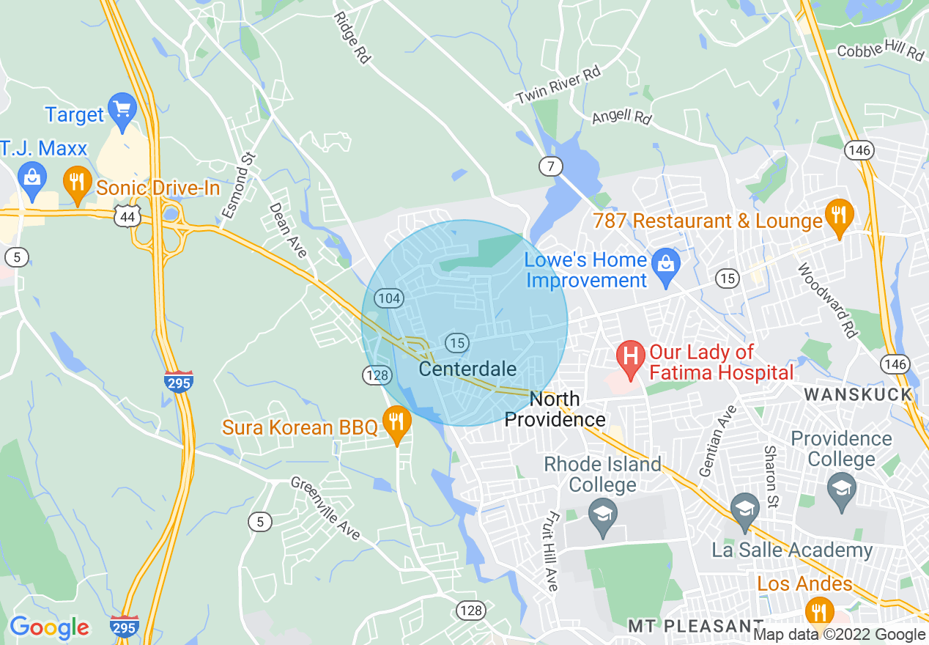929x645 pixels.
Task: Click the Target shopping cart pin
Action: click(122, 109)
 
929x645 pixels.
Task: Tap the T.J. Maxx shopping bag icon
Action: click(32, 178)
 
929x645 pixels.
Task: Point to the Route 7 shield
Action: click(550, 166)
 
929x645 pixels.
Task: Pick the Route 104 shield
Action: click(388, 298)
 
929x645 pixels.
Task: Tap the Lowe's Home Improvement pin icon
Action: click(666, 262)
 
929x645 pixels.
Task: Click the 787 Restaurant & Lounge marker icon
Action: click(839, 215)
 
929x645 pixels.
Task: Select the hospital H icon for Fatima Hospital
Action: click(629, 357)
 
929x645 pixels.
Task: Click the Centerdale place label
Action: click(467, 369)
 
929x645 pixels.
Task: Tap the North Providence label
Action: click(555, 410)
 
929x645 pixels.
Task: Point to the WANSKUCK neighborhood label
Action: click(858, 394)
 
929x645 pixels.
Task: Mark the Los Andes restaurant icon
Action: click(818, 610)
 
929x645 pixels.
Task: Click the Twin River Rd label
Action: click(558, 86)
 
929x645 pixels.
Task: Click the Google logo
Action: click(49, 628)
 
